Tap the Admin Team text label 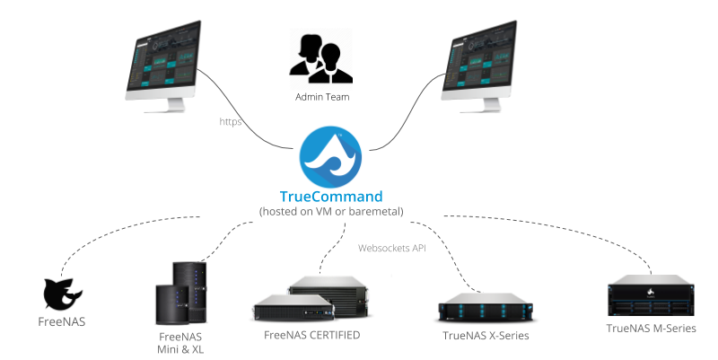tap(321, 96)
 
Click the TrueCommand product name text tap(330, 196)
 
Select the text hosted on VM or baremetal tap(330, 211)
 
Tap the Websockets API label tap(392, 247)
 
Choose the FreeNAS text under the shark tap(63, 320)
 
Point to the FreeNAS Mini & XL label tap(180, 342)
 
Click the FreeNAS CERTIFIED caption tap(311, 335)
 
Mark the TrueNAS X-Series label tap(486, 336)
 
